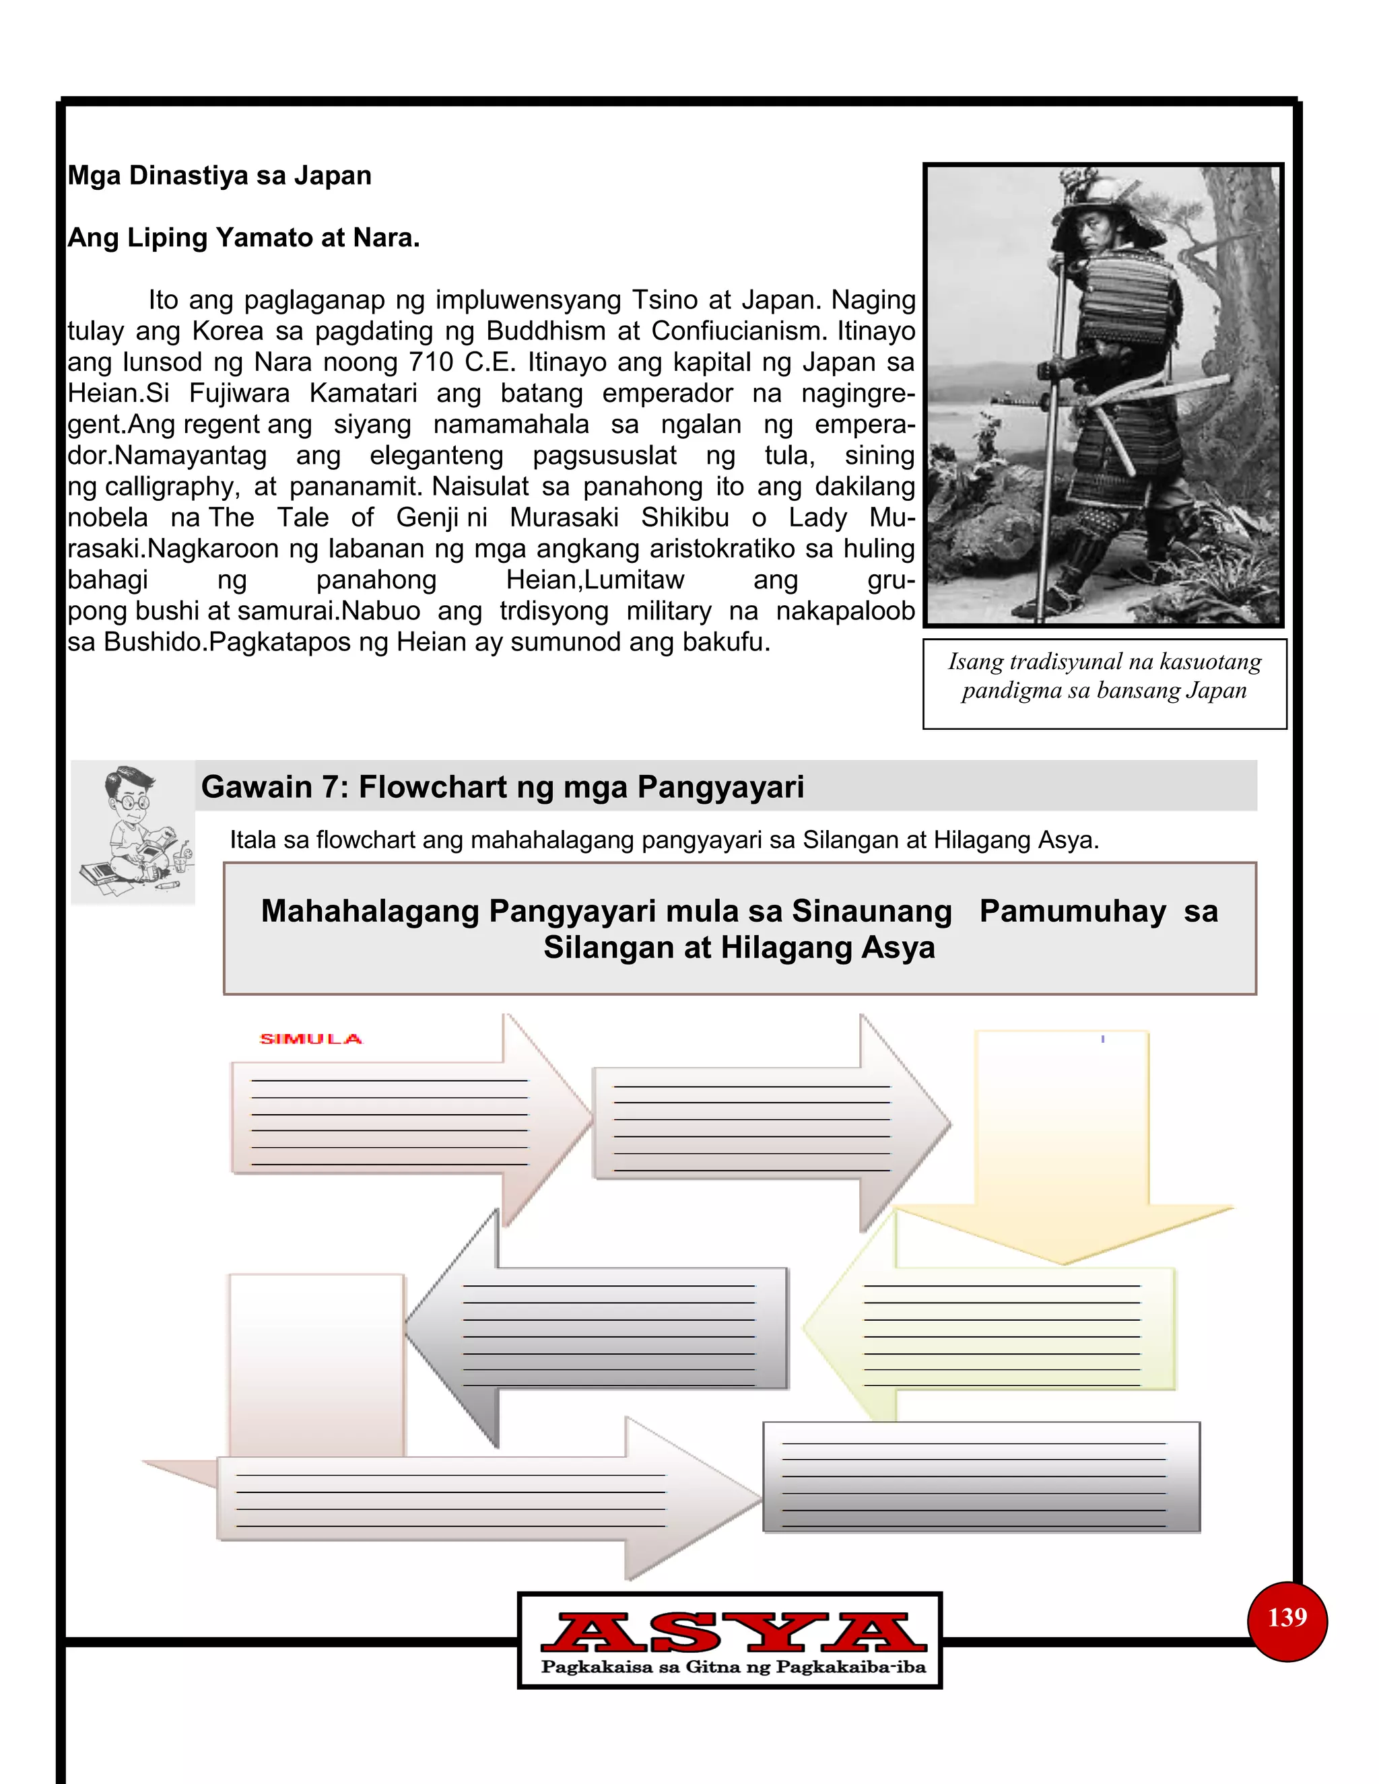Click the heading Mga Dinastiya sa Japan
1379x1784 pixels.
coord(219,176)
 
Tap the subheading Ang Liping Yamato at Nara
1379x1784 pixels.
coord(244,238)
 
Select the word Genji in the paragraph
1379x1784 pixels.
coord(430,517)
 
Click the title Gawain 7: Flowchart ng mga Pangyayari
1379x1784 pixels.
coord(502,786)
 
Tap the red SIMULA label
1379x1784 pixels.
coord(310,1039)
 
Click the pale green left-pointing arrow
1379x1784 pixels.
coord(997,1328)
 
